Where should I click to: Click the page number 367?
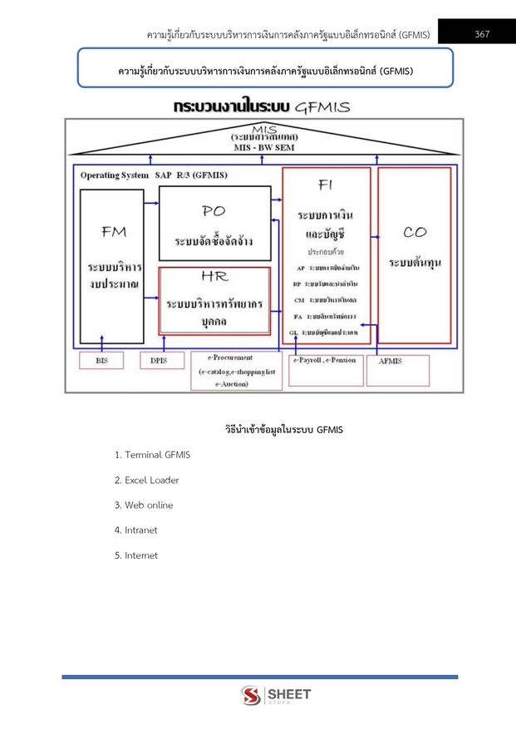482,34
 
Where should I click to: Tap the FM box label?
114,232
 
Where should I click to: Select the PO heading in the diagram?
214,211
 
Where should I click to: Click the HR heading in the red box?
214,276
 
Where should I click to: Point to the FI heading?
325,186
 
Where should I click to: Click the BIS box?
101,361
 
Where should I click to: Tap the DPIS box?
158,361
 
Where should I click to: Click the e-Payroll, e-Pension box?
326,361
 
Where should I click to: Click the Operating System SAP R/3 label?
154,175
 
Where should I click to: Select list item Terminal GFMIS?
153,455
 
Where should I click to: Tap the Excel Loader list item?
147,480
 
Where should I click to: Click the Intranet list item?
136,530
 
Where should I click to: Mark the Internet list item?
136,555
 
